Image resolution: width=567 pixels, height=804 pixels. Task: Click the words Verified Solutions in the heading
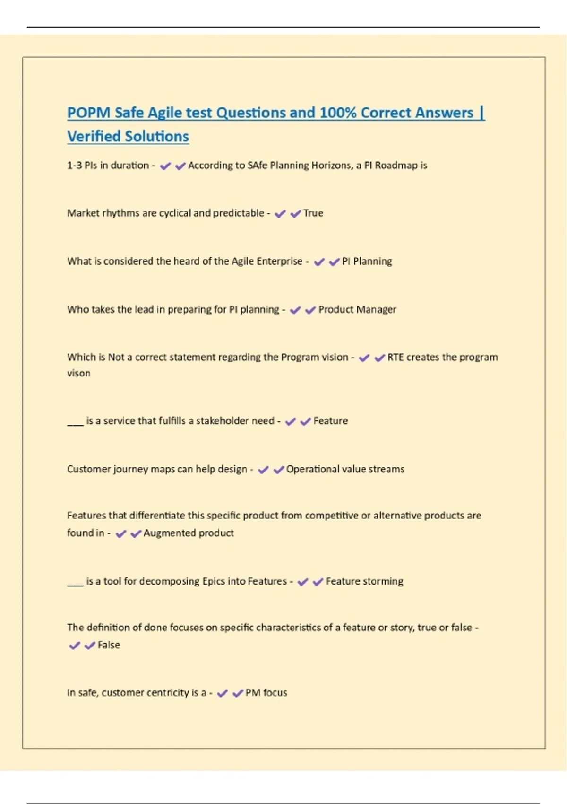(x=128, y=137)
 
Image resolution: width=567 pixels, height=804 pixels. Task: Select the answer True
(x=313, y=213)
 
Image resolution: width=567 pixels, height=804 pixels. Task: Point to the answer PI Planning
(x=367, y=262)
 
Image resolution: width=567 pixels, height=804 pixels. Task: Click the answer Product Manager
(x=357, y=310)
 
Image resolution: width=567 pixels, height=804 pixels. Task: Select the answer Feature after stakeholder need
(x=330, y=421)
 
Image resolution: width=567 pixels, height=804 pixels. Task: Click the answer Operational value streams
(x=345, y=469)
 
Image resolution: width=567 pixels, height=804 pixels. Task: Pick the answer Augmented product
(x=189, y=533)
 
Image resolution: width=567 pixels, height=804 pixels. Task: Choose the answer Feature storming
(x=364, y=581)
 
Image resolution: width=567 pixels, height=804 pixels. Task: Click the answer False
(x=109, y=645)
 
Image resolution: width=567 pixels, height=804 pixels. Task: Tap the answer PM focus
(x=266, y=693)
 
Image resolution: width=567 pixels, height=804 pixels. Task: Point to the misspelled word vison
(x=78, y=373)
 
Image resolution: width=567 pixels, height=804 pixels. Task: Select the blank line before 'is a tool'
(x=75, y=585)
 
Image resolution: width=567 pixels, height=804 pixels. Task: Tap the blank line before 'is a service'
(x=75, y=424)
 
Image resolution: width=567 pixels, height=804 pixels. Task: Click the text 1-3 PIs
(x=82, y=166)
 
